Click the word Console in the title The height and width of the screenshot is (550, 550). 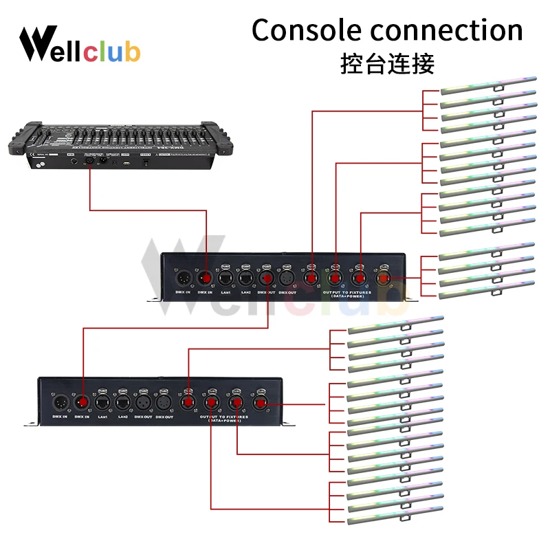click(306, 31)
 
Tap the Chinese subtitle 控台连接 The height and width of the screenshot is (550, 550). click(387, 65)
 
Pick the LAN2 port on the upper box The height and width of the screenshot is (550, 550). click(245, 276)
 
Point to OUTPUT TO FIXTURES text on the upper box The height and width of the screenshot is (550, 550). click(345, 292)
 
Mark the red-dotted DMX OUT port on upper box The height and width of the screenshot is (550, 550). click(266, 277)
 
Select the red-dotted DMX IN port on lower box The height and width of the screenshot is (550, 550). click(82, 401)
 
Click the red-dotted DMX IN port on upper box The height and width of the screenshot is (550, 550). click(206, 277)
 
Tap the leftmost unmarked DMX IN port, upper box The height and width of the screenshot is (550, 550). click(184, 277)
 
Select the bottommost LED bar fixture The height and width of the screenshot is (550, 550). click(395, 520)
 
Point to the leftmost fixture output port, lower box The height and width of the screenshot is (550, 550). click(188, 401)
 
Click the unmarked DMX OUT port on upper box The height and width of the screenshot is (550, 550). click(287, 277)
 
